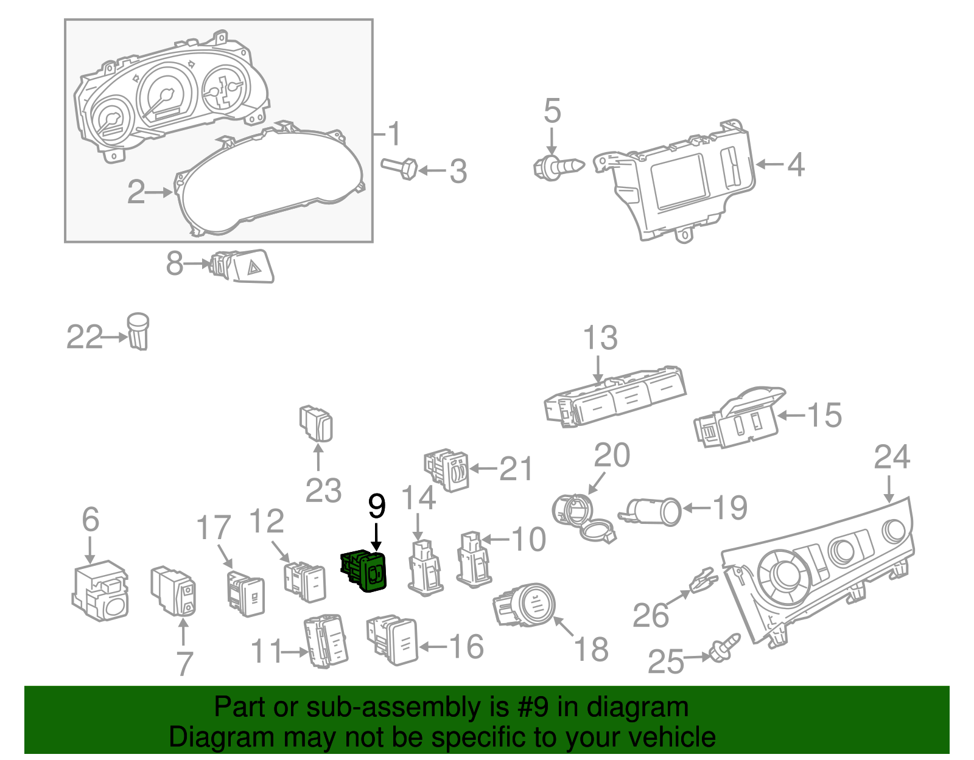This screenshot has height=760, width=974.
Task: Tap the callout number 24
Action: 892,458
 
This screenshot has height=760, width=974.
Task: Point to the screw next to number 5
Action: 557,166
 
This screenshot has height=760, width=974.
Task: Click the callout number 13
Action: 600,338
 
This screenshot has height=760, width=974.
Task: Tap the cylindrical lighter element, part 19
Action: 652,512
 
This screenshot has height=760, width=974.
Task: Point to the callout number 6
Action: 90,520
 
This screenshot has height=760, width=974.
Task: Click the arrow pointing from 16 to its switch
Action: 433,647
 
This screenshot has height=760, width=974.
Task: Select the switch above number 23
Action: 317,422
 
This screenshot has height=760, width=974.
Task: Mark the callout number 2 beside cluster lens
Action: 136,192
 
